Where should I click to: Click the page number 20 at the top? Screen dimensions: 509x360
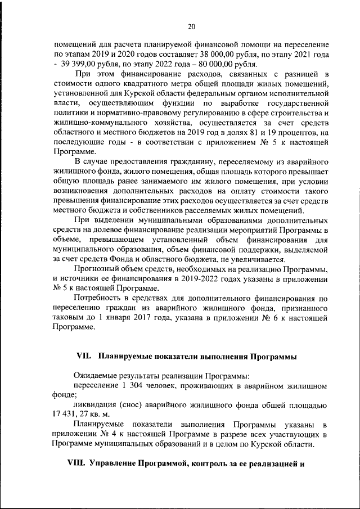(x=191, y=26)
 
